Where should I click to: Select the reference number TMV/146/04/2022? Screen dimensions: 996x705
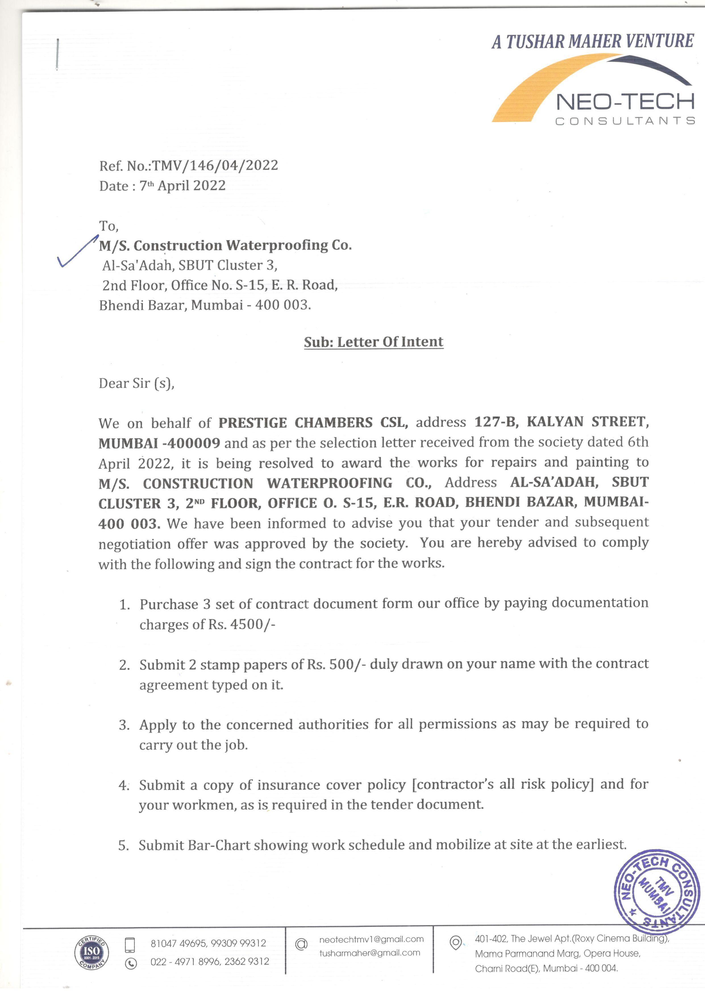[x=215, y=165]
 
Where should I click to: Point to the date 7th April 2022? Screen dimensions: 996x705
[x=182, y=186]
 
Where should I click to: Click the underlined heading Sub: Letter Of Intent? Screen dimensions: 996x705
[x=373, y=342]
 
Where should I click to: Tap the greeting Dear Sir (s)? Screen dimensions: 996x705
[x=136, y=383]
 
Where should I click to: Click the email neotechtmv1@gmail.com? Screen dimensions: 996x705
[x=371, y=939]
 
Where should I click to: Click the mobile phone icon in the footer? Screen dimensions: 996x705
[x=130, y=944]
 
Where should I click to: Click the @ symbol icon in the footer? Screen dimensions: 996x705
[x=301, y=944]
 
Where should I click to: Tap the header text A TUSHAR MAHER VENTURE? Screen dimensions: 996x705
[x=592, y=41]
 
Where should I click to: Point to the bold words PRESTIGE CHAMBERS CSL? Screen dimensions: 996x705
[x=313, y=423]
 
